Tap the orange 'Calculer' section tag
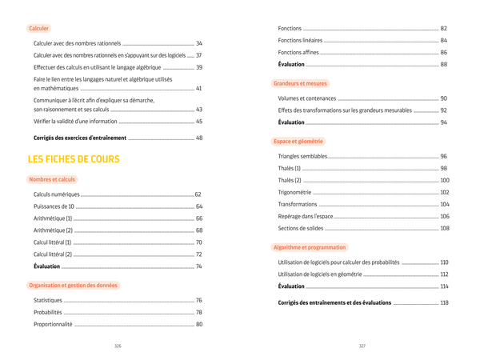tap(38, 28)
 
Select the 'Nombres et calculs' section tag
tap(52, 179)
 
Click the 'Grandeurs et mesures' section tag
tap(300, 83)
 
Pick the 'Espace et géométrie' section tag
tap(298, 141)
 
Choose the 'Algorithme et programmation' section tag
tap(310, 247)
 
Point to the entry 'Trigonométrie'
tap(295, 192)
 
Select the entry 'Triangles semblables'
tap(302, 156)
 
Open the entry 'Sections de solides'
tap(301, 228)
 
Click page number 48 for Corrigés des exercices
tap(199, 138)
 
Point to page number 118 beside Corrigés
tap(444, 302)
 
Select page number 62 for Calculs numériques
tap(198, 194)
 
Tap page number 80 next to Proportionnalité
tap(199, 324)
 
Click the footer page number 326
tap(118, 346)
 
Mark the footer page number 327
tap(362, 346)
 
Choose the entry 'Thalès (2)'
tap(290, 180)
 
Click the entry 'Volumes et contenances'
tap(307, 98)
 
